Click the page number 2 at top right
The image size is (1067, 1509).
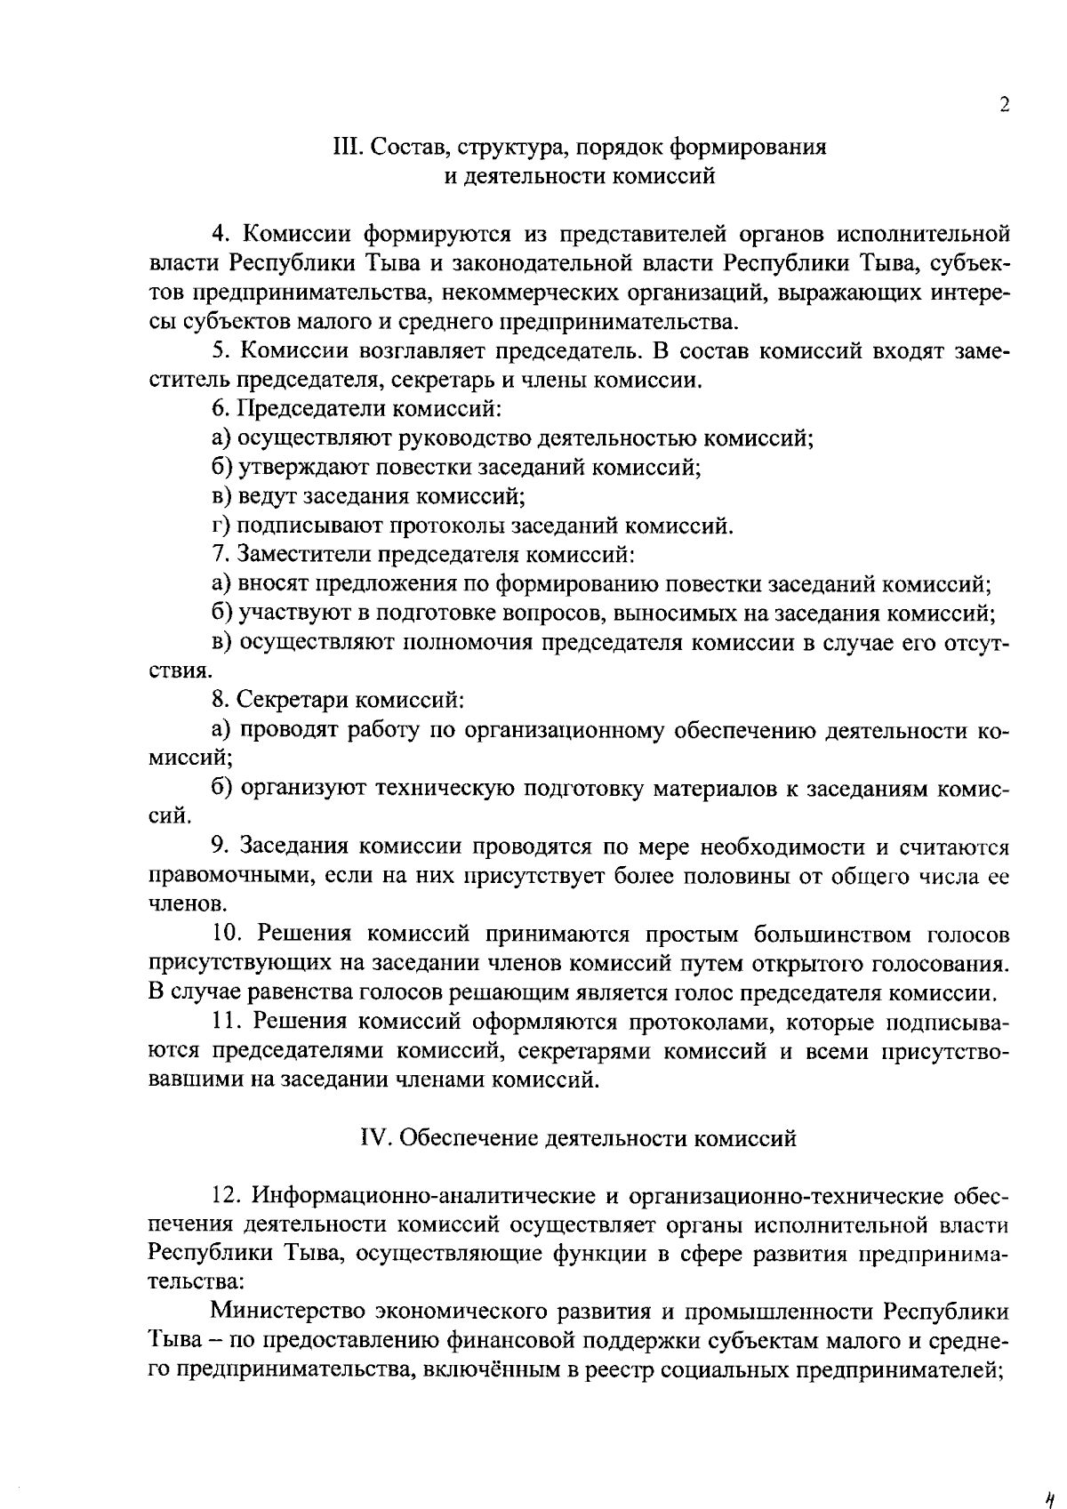tap(1004, 105)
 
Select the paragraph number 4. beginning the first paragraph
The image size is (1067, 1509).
tap(221, 235)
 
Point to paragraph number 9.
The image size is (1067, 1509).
tap(221, 846)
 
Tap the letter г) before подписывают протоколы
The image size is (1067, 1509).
tap(222, 526)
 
